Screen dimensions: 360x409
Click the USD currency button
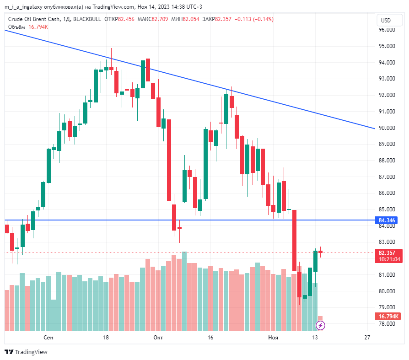point(386,20)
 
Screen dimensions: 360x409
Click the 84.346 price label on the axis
point(387,220)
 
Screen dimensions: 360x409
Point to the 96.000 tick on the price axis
point(387,30)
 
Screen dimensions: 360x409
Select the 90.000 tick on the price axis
point(387,128)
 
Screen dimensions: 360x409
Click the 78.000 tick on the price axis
point(387,323)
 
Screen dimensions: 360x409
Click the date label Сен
point(48,338)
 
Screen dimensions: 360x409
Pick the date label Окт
point(158,338)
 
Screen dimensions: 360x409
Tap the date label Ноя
point(273,338)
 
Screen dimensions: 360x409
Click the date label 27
point(367,338)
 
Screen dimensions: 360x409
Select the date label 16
point(210,338)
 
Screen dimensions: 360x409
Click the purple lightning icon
point(321,325)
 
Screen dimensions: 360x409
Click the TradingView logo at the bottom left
point(26,352)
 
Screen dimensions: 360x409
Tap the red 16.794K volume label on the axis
point(389,317)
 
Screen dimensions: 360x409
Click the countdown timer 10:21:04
point(389,259)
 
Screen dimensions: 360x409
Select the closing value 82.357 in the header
point(223,19)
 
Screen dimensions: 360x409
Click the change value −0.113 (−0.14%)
point(254,19)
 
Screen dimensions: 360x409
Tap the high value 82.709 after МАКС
point(160,19)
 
